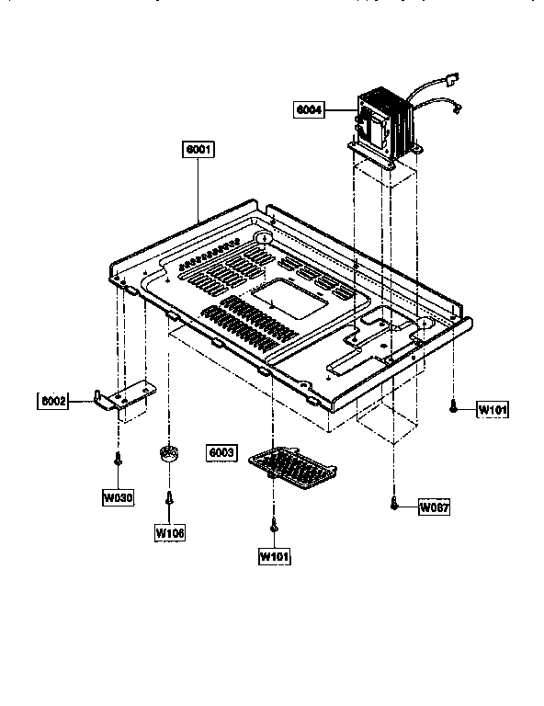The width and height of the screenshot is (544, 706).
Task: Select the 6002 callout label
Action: point(52,402)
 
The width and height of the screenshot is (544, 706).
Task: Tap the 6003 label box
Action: point(222,453)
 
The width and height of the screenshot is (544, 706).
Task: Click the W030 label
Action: point(118,497)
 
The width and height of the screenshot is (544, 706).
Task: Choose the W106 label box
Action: point(170,531)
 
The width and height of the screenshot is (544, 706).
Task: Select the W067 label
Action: point(433,507)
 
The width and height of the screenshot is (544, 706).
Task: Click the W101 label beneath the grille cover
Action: point(275,556)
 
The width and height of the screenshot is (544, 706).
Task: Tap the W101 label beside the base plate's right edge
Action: point(492,410)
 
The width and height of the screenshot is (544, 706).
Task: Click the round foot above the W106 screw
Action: point(167,453)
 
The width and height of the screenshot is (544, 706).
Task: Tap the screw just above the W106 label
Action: point(170,499)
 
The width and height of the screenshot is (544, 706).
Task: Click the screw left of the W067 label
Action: point(394,503)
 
